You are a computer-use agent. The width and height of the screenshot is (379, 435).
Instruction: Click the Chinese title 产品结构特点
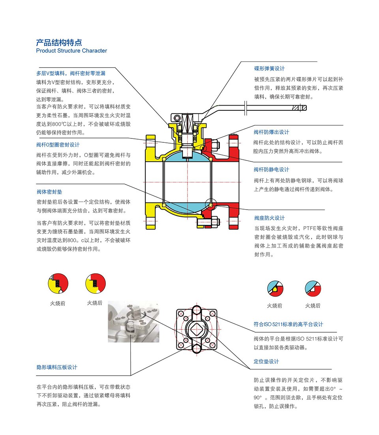pos(59,42)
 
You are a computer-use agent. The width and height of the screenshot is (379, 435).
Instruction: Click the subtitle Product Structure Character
pos(71,51)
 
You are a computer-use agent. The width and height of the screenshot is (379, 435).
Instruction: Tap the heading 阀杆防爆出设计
pos(271,132)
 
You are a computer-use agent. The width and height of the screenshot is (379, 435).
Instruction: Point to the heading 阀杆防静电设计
pos(271,170)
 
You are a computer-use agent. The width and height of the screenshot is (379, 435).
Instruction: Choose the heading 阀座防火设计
pos(269,218)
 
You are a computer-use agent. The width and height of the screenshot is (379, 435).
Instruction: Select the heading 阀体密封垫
pos(49,192)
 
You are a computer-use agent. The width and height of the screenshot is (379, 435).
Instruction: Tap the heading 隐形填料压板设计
pos(57,367)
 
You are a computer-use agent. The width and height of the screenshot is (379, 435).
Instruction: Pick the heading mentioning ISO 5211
pos(288,324)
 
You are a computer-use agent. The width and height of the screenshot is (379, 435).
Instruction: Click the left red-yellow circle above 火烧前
pos(58,284)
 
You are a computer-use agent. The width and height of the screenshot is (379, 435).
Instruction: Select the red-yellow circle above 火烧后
pos(96,284)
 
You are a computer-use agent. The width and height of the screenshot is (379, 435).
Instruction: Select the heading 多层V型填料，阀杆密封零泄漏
pos(71,73)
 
